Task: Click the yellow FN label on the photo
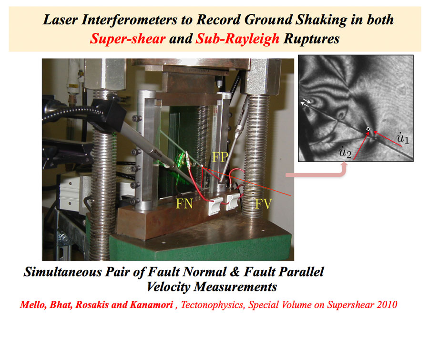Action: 184,204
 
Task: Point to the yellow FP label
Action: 221,157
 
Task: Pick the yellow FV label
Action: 263,204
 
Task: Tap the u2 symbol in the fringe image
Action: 345,152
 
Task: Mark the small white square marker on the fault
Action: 368,129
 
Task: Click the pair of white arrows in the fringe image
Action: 306,102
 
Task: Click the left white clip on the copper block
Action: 215,206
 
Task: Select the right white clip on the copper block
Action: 233,202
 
